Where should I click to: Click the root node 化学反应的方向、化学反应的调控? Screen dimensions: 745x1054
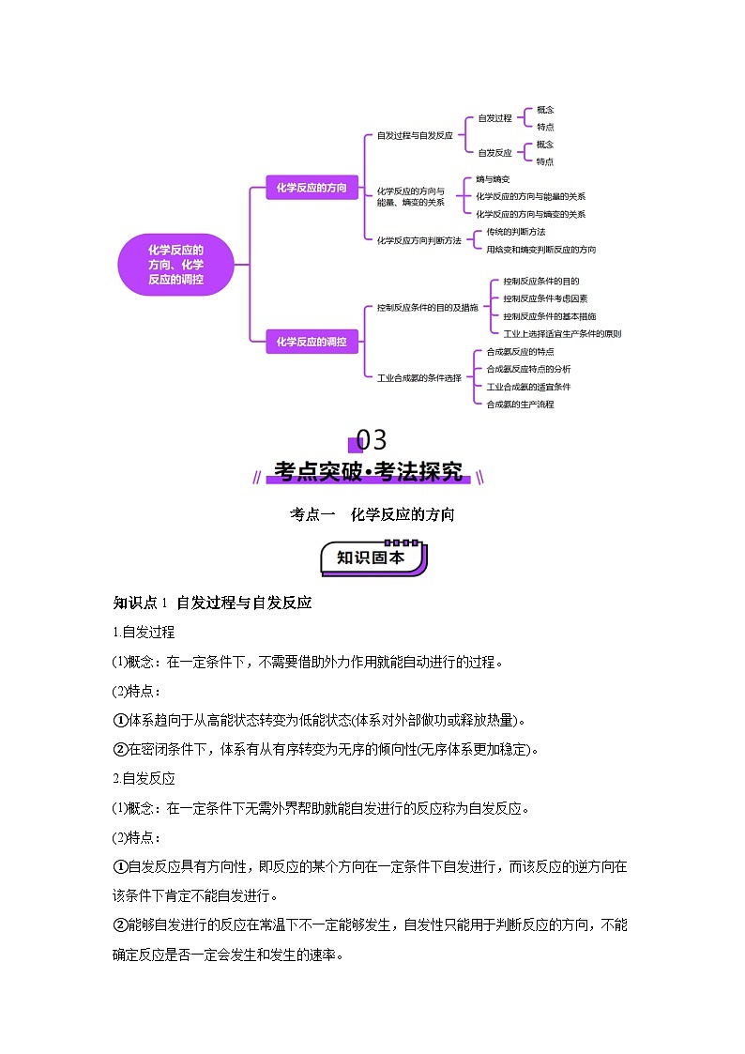click(x=175, y=265)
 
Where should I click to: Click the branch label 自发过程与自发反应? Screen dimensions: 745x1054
click(x=415, y=135)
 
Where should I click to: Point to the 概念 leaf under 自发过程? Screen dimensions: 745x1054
click(x=545, y=110)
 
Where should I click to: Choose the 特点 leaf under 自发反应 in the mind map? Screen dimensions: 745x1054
click(x=545, y=161)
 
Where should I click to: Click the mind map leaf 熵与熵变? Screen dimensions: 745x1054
click(x=493, y=178)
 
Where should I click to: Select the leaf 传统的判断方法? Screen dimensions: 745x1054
click(x=514, y=232)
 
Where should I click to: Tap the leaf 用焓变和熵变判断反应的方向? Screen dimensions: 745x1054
click(x=540, y=250)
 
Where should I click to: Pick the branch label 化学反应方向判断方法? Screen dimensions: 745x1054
click(x=418, y=240)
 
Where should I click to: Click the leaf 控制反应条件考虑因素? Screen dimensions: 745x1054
click(x=545, y=298)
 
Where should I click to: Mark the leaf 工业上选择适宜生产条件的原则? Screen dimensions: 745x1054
click(x=562, y=333)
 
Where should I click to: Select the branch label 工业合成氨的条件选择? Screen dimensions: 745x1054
click(x=418, y=377)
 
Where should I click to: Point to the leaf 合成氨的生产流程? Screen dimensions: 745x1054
click(x=520, y=405)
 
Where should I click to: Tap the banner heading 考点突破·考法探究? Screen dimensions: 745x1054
click(x=369, y=472)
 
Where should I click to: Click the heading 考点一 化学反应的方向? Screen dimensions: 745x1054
click(x=372, y=514)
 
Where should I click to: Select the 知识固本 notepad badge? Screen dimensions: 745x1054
click(x=372, y=558)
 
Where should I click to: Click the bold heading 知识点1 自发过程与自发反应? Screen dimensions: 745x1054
click(x=212, y=603)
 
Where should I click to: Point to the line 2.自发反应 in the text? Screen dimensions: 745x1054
click(x=144, y=778)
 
